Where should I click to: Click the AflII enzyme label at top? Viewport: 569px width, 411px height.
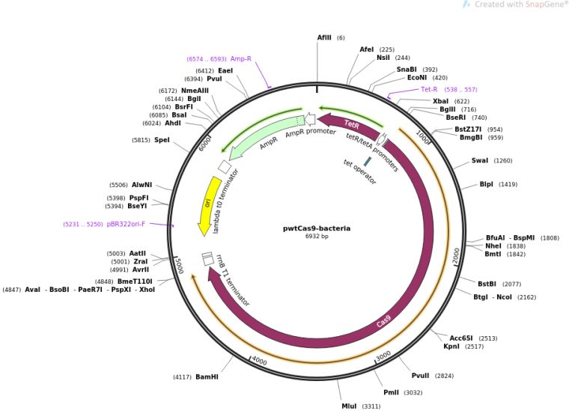click(324, 37)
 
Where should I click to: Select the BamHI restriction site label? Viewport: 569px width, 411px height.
click(207, 377)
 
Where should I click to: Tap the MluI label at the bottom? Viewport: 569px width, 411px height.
click(349, 406)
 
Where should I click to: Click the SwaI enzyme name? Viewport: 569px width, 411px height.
click(480, 160)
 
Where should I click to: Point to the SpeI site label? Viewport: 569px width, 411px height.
click(162, 140)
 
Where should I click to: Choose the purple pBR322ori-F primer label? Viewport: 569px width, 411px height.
click(126, 224)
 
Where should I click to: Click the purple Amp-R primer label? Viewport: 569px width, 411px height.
click(240, 58)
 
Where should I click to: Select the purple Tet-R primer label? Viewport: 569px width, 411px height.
click(429, 89)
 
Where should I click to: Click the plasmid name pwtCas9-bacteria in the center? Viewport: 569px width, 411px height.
click(317, 228)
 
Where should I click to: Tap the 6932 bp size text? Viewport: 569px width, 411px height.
click(317, 237)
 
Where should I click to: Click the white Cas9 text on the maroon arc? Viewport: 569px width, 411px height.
click(383, 322)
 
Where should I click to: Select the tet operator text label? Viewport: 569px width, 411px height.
click(359, 172)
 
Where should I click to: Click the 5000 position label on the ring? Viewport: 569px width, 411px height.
click(179, 266)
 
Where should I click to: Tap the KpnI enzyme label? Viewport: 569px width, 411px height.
click(451, 347)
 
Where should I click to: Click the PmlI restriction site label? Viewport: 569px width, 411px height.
click(391, 392)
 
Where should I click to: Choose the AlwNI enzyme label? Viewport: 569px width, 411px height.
click(142, 184)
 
